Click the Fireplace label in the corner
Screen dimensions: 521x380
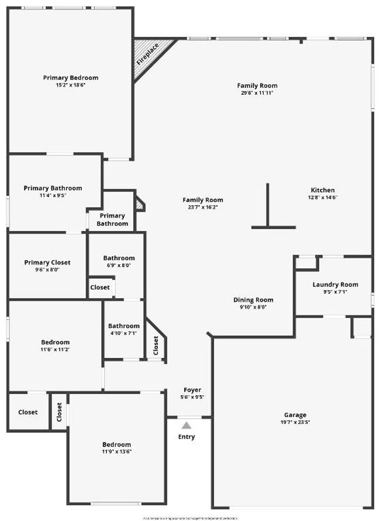coord(148,54)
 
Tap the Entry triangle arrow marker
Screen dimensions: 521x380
coord(186,426)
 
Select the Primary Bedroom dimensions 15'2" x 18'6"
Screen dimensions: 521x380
coord(71,85)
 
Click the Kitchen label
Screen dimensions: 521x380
coord(323,190)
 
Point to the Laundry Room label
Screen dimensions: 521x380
coord(335,285)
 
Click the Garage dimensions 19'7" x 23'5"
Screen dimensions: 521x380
coord(295,422)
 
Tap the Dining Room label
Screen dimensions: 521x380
coord(253,300)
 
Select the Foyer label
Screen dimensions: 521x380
coord(193,389)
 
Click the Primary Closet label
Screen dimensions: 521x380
coord(47,263)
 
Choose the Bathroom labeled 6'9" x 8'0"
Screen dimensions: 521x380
coord(119,258)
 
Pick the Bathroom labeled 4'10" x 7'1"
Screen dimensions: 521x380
coord(124,326)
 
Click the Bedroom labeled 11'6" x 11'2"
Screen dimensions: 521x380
coord(55,342)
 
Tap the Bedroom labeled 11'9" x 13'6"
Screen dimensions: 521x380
coord(116,444)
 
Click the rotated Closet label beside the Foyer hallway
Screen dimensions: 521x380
coord(156,346)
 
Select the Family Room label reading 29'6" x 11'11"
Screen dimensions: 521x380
coord(257,85)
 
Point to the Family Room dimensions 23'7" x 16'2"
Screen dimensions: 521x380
coord(202,207)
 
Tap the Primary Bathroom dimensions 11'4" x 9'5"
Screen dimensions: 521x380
coord(53,195)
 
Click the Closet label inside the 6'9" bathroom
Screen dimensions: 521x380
coord(100,287)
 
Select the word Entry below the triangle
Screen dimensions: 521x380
coord(186,437)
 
